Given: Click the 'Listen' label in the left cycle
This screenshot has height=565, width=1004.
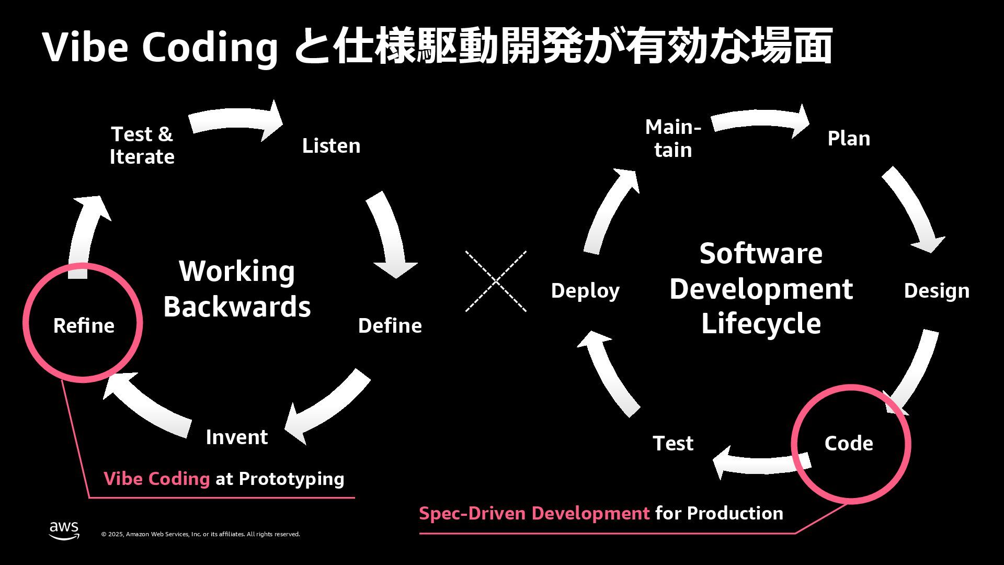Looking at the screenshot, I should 331,145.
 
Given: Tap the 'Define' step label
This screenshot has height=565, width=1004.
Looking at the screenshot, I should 390,325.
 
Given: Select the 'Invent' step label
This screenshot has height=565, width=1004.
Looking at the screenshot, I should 236,437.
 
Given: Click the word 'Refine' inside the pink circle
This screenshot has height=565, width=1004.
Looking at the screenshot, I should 84,325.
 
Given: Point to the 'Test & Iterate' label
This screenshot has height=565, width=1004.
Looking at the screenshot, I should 142,145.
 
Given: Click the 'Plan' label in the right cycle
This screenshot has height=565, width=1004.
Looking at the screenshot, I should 849,138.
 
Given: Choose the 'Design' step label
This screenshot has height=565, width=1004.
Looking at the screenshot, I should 936,290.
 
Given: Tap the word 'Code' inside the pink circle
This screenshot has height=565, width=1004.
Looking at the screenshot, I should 849,443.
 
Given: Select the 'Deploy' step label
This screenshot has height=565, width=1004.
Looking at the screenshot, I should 585,290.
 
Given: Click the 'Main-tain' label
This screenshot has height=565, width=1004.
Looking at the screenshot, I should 673,138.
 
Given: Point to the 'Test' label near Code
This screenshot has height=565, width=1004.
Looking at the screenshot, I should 673,443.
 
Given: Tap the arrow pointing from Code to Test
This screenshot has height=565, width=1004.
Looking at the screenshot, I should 758,463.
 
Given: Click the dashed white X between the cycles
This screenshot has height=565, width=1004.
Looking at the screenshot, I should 496,281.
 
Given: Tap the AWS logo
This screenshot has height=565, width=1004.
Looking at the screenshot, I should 64,530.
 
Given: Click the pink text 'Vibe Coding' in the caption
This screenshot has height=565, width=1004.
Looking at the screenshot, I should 156,479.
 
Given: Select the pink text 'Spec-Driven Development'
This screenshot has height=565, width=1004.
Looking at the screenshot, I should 534,513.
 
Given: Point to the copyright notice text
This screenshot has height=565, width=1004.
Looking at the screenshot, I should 200,534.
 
